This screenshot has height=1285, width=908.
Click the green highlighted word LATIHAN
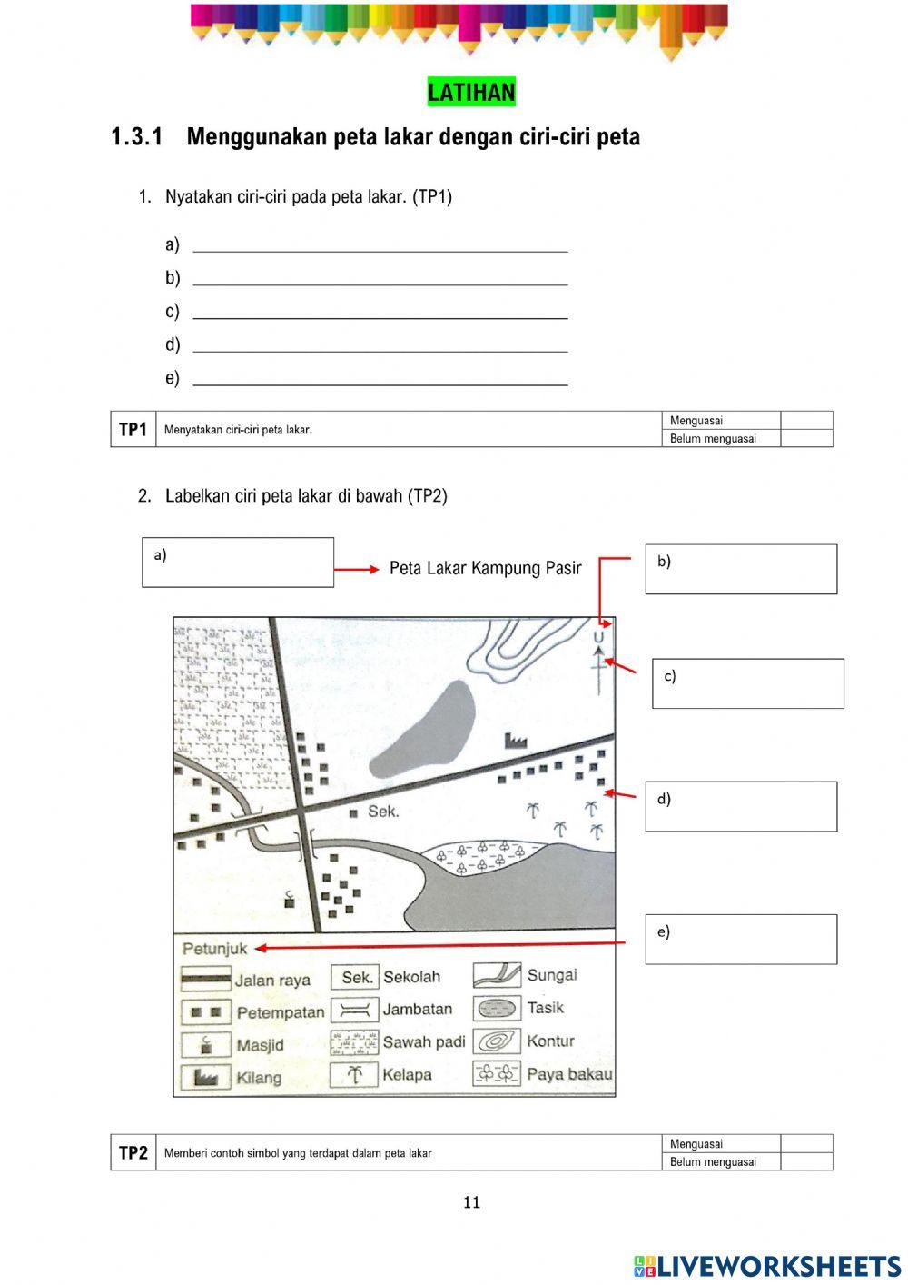pos(471,92)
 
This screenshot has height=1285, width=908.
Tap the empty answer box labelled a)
pos(238,563)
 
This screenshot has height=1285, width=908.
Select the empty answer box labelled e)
pos(741,940)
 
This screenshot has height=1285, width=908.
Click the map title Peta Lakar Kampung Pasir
pos(485,568)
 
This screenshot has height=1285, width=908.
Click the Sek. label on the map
pos(382,812)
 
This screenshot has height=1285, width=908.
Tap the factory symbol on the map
pos(516,741)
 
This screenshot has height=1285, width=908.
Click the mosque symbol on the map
pos(290,899)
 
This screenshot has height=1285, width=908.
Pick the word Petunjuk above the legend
pos(214,949)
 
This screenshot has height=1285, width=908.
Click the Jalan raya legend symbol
pos(205,980)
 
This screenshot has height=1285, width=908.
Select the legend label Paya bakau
pos(569,1074)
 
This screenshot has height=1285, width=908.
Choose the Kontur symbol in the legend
pos(497,1041)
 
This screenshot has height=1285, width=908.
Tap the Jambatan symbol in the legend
pos(354,1010)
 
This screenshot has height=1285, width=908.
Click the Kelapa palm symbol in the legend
pos(354,1075)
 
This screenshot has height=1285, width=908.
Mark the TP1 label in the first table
pos(133,430)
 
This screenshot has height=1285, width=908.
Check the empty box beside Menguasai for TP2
pos(806,1143)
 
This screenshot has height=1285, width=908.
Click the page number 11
pos(471,1202)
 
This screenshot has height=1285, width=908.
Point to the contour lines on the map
pos(513,647)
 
